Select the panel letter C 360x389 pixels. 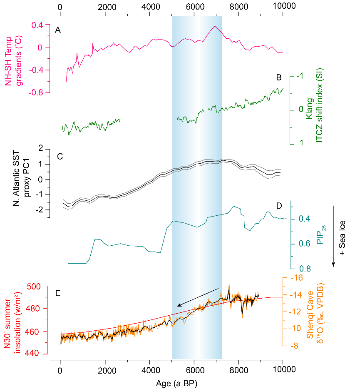pos(60,157)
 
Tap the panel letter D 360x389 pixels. pos(279,206)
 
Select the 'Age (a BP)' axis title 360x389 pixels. pos(172,382)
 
